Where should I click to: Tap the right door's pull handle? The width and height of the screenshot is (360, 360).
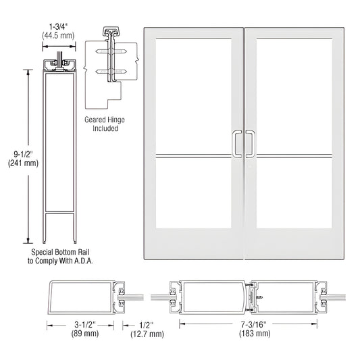pyautogui.click(x=250, y=144)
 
